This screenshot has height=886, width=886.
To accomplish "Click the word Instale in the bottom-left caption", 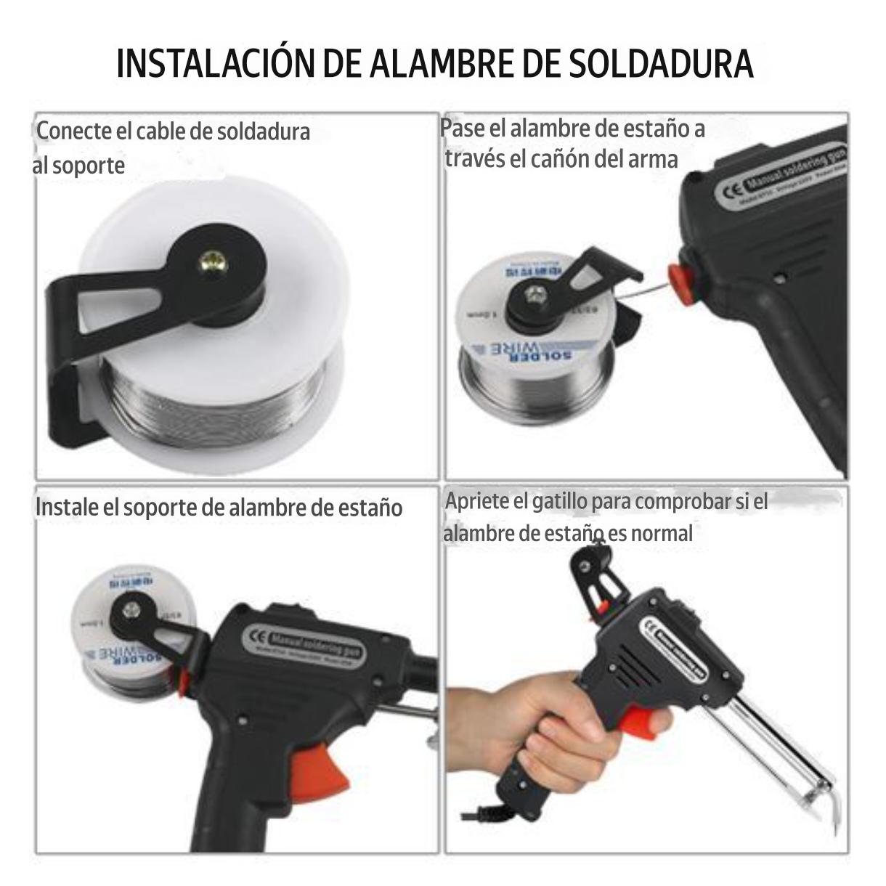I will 67,507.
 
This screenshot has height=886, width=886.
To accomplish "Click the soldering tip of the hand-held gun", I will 832,806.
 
